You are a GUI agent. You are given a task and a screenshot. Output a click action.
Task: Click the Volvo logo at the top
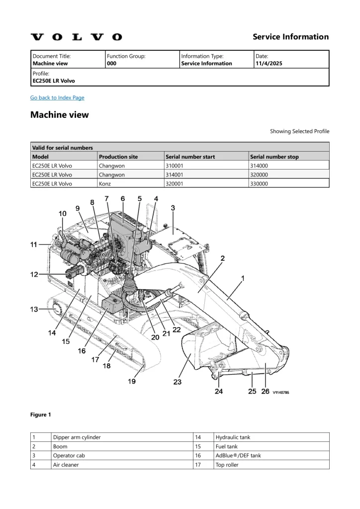coord(76,37)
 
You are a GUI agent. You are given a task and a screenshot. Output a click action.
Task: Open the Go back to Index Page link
coord(57,97)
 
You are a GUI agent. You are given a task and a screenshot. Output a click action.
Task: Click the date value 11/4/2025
coord(269,64)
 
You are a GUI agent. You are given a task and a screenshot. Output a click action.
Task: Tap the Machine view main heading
coord(60,115)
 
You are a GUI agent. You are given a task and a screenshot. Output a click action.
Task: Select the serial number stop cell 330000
coord(259,183)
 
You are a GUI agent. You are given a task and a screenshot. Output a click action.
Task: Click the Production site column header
coord(118,157)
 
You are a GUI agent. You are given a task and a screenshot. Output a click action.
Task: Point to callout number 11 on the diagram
coord(34,244)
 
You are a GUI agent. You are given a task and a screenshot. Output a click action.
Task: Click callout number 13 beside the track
coord(34,309)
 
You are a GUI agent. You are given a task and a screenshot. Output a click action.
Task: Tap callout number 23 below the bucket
coord(177,382)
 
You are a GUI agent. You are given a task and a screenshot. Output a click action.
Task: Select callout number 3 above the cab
coord(173,208)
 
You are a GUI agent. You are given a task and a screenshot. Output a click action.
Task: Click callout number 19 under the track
coord(132,381)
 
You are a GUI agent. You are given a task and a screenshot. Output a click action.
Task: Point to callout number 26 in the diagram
coord(265,391)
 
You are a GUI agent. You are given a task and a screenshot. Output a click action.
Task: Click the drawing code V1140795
coord(281,392)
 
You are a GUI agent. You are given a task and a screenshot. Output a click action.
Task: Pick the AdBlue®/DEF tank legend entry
coord(238,455)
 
